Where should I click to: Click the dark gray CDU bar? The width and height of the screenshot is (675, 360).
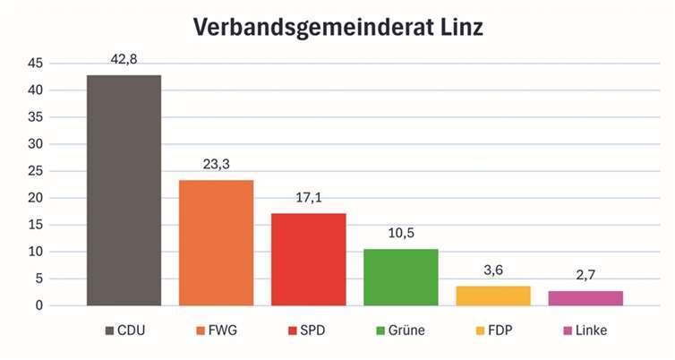pos(124,190)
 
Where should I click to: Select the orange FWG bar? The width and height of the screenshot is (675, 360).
pos(216,243)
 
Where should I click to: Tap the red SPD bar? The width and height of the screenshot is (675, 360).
pos(308,259)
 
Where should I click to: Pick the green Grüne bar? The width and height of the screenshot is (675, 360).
pos(400,277)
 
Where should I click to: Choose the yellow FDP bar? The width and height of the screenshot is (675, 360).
pos(492,296)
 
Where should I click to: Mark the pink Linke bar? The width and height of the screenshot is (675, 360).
pos(585,298)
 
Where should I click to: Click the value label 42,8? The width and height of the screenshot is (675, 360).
pos(124,60)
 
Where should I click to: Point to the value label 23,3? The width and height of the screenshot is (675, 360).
pos(216,165)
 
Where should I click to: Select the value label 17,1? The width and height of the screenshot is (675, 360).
pos(308,198)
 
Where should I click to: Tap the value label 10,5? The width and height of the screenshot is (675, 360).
pos(400,234)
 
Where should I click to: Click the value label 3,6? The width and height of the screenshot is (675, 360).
pos(492,270)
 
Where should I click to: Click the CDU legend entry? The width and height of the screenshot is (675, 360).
pos(124,330)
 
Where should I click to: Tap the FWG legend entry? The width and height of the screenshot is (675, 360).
pos(217,330)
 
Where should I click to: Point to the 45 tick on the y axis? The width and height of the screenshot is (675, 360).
pos(35,64)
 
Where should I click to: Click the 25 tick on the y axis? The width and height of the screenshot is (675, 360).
pos(35,171)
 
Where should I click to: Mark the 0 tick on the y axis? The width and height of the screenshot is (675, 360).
pos(38,305)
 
